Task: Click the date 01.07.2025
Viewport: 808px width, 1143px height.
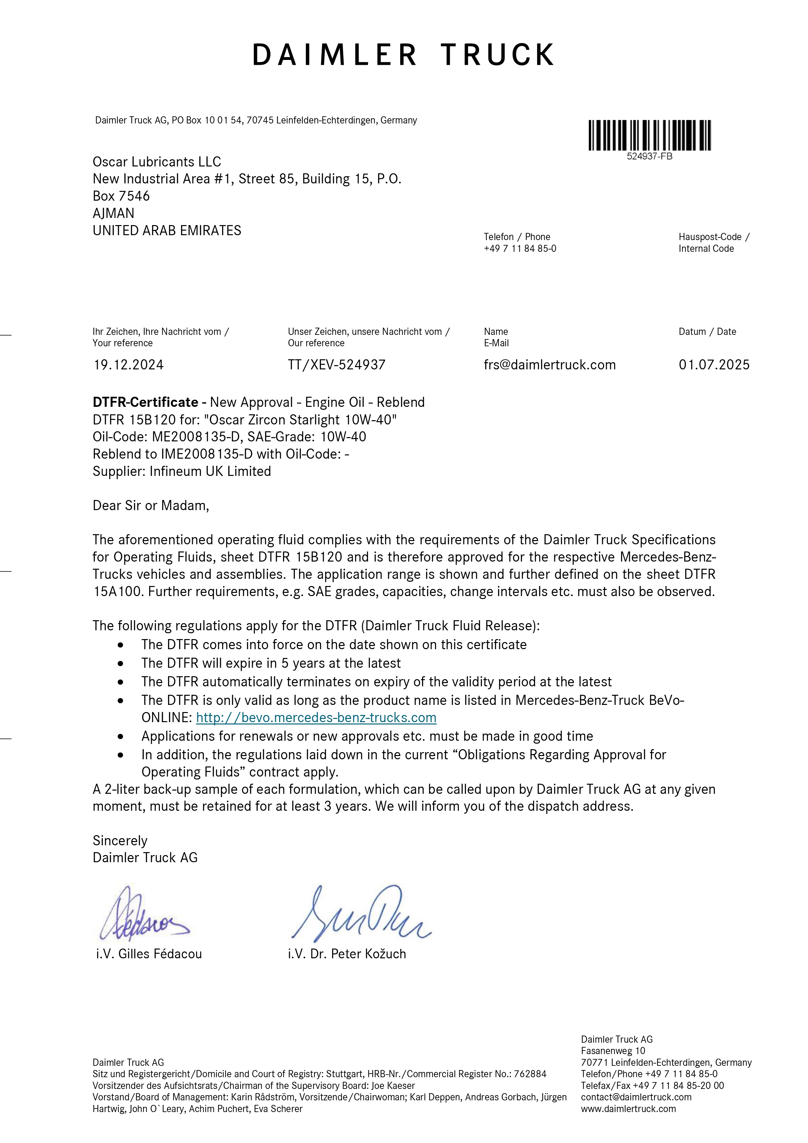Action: [714, 365]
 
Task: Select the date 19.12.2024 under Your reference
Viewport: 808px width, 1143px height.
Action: [128, 365]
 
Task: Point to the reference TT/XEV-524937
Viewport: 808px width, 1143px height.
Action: [336, 365]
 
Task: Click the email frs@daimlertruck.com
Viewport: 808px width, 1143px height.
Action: [550, 365]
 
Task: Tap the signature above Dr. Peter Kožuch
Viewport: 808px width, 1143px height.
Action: [361, 913]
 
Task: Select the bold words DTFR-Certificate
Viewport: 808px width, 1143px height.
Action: [145, 402]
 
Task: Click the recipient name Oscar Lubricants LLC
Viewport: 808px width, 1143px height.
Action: [157, 162]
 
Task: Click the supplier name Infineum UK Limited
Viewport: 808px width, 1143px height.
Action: [210, 471]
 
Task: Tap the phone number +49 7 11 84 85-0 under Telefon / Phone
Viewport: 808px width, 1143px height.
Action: [520, 249]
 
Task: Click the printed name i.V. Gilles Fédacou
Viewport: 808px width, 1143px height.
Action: [149, 954]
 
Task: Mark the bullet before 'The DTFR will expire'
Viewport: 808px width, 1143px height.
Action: [120, 663]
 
